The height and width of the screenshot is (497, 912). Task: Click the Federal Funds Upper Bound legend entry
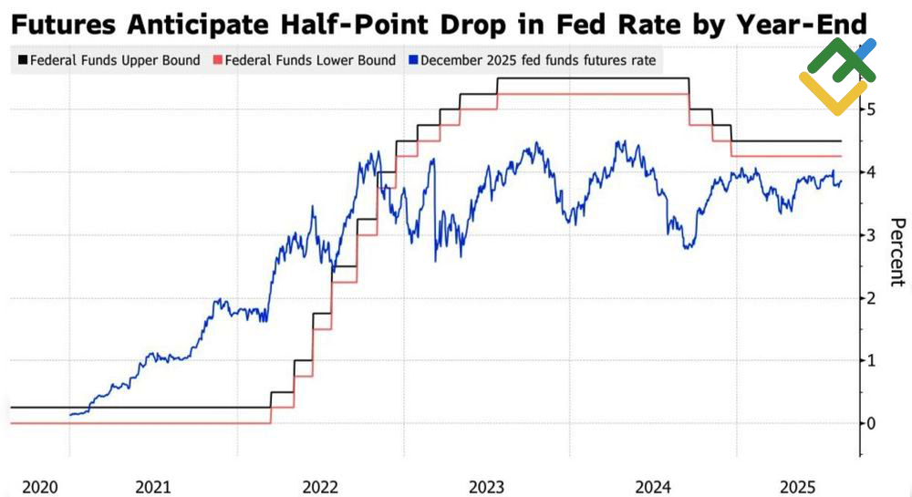pos(114,61)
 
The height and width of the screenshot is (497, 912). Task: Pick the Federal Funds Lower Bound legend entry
pos(309,61)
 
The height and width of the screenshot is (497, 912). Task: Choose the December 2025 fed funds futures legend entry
pos(537,61)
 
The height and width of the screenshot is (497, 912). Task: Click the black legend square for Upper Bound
pos(22,61)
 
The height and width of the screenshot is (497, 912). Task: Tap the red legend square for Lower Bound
pos(217,61)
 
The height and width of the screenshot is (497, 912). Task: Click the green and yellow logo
pos(837,77)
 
